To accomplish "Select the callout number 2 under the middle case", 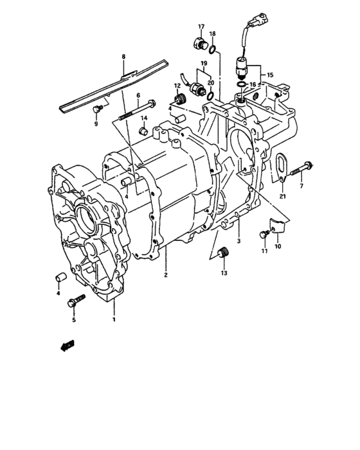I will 165,275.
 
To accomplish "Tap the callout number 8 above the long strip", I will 123,57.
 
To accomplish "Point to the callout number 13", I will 224,273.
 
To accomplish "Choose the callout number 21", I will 282,196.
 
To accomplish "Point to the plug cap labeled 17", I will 199,43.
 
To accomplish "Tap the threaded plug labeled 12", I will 180,100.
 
